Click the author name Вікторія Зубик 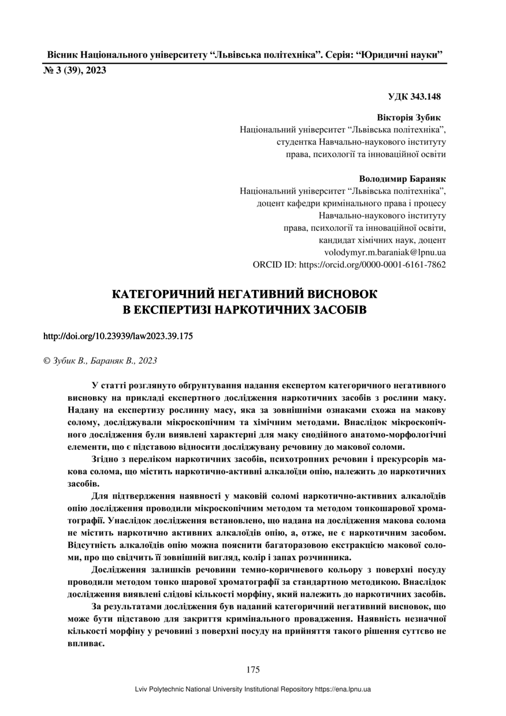coord(409,117)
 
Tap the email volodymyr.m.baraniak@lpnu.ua coord(386,252)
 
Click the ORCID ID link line coord(349,264)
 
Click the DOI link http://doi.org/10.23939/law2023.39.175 coord(118,335)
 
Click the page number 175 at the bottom coord(253,670)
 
